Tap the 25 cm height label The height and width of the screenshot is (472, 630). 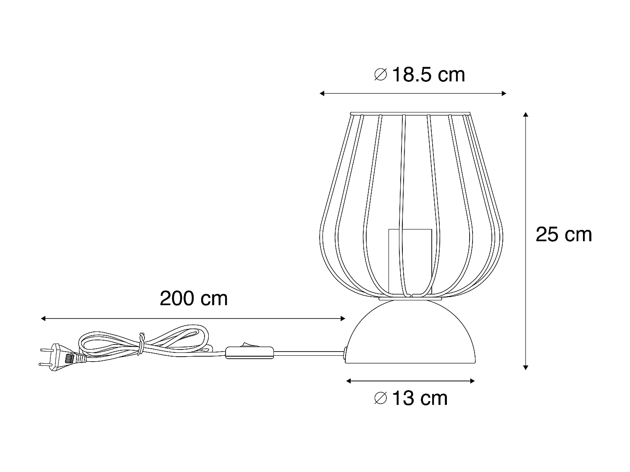(564, 235)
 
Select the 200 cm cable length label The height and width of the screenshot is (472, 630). (194, 299)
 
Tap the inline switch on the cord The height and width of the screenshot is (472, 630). (249, 352)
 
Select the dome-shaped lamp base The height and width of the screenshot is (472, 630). (410, 336)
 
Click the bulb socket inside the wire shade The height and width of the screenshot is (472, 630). (409, 260)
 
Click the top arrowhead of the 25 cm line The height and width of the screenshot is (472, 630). (525, 115)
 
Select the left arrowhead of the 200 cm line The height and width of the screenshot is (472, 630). (43, 319)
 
